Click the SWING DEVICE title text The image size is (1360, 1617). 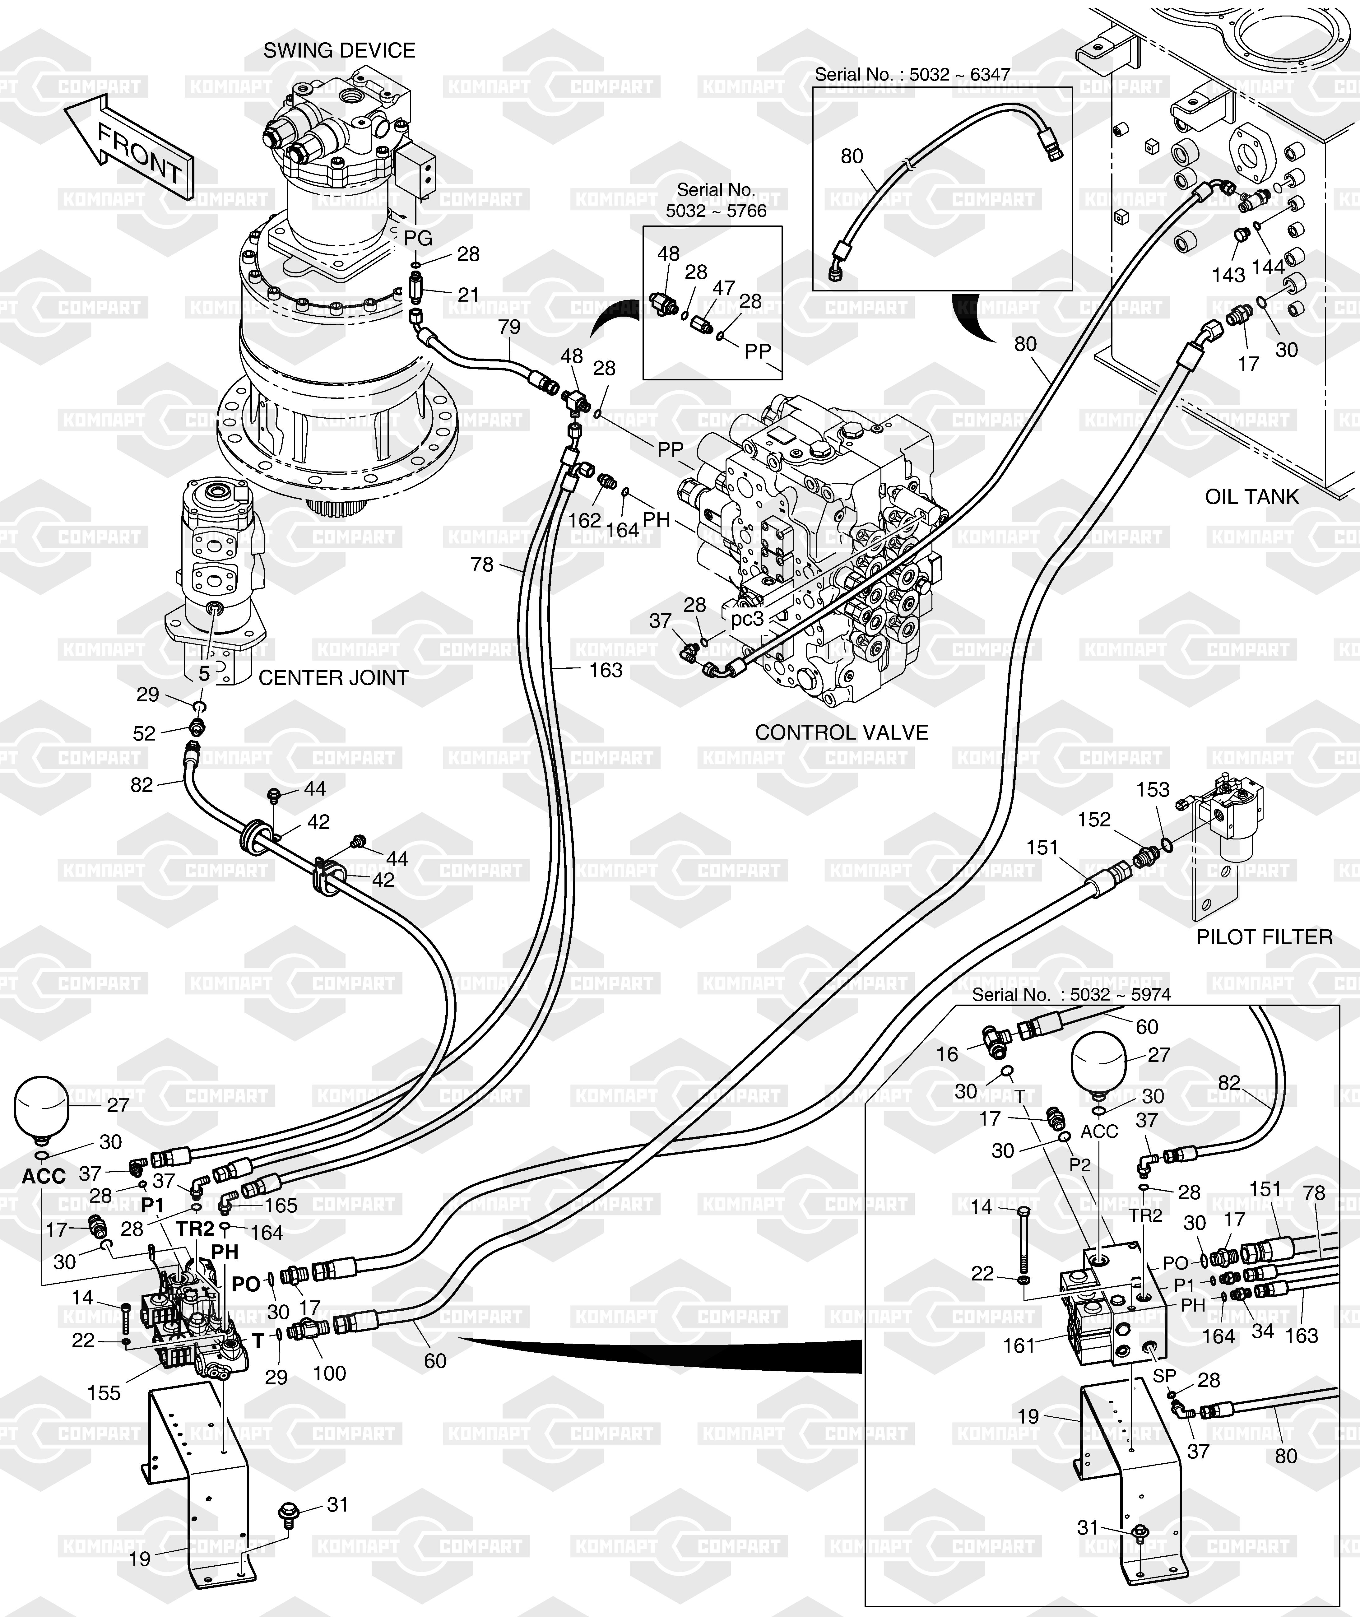(x=339, y=51)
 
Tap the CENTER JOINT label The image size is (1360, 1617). (x=333, y=678)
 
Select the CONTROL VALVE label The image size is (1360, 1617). (x=841, y=732)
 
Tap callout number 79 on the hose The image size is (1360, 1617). (x=509, y=327)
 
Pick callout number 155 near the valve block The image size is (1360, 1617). (x=104, y=1393)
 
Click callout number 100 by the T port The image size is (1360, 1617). (x=329, y=1373)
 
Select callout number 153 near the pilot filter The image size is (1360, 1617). (x=1153, y=790)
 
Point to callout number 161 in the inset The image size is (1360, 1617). (x=1019, y=1345)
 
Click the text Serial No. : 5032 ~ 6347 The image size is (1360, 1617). (x=912, y=75)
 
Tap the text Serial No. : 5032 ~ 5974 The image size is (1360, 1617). (x=1071, y=995)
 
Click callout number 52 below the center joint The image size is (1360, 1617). (x=144, y=733)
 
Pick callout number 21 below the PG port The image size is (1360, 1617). (x=468, y=295)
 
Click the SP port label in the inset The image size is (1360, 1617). (x=1164, y=1376)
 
